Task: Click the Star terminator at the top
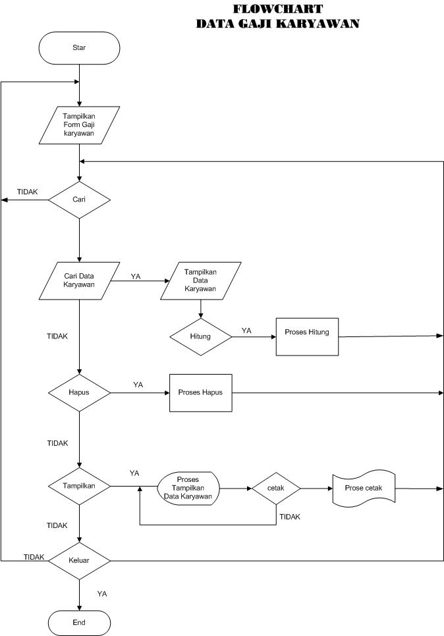coord(79,47)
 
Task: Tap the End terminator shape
coord(79,622)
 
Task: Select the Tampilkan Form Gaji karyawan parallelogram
coord(79,125)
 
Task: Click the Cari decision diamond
coord(79,199)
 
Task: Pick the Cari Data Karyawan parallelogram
coord(79,280)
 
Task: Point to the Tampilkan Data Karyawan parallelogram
coord(200,280)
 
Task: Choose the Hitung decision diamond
coord(200,336)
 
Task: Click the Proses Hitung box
coord(307,336)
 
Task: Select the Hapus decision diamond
coord(79,392)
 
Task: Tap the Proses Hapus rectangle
coord(200,392)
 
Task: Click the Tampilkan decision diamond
coord(79,487)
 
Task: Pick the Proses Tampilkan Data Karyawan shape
coord(188,489)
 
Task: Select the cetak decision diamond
coord(275,489)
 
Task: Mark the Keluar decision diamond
coord(79,561)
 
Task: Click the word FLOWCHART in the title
coord(277,9)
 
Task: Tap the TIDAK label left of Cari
coord(27,192)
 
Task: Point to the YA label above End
coord(102,594)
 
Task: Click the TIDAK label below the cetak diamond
coord(289,517)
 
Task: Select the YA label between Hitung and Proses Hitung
coord(246,331)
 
